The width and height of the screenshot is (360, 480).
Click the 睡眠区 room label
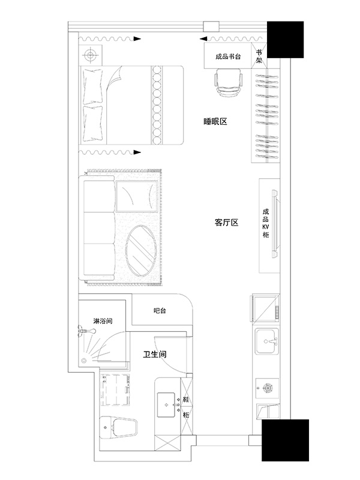pyautogui.click(x=215, y=122)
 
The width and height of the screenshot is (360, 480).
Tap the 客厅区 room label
pyautogui.click(x=227, y=223)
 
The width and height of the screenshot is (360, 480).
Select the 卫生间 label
pyautogui.click(x=155, y=355)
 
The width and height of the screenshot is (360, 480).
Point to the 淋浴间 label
pyautogui.click(x=103, y=321)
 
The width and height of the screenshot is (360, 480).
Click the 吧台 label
pyautogui.click(x=160, y=311)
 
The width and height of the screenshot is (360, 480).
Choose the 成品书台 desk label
pyautogui.click(x=228, y=56)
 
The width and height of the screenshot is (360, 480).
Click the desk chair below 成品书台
pyautogui.click(x=229, y=82)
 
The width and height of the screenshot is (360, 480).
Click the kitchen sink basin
pyautogui.click(x=267, y=341)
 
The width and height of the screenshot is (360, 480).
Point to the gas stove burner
pyautogui.click(x=268, y=388)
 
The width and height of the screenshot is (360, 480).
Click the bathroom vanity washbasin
pyautogui.click(x=167, y=405)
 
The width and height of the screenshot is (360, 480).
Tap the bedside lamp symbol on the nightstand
pyautogui.click(x=90, y=55)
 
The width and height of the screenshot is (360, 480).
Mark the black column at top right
pyautogui.click(x=286, y=40)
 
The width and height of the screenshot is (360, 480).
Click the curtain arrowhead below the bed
pyautogui.click(x=137, y=152)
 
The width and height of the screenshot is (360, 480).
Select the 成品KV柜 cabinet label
pyautogui.click(x=266, y=223)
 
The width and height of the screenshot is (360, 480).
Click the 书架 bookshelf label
pyautogui.click(x=259, y=56)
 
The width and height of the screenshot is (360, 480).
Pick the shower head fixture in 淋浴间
pyautogui.click(x=87, y=331)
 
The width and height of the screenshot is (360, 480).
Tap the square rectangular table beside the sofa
pyautogui.click(x=137, y=196)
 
